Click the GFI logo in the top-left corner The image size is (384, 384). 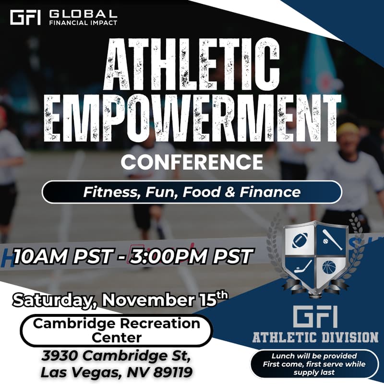point(25,17)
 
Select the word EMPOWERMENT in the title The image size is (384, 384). point(192,118)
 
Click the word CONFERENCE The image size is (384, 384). point(192,162)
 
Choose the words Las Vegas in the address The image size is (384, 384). point(72,372)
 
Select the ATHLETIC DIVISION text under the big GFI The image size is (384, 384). point(315,337)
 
